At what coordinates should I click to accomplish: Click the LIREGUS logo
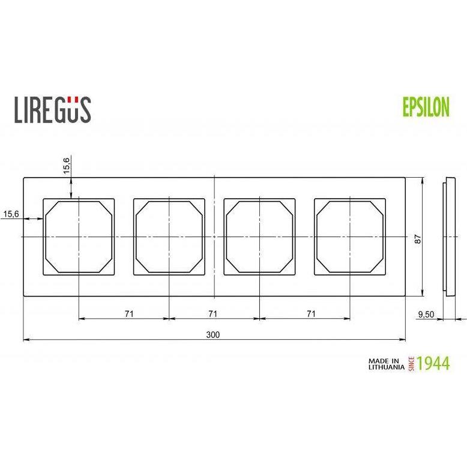pyautogui.click(x=52, y=109)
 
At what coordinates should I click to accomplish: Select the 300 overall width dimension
pyautogui.click(x=212, y=335)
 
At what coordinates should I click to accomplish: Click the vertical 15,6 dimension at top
pyautogui.click(x=67, y=165)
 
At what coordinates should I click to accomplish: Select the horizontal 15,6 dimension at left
pyautogui.click(x=11, y=213)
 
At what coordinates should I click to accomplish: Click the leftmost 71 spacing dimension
pyautogui.click(x=128, y=313)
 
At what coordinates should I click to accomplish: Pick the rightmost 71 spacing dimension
pyautogui.click(x=310, y=313)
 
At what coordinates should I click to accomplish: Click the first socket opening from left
pyautogui.click(x=78, y=237)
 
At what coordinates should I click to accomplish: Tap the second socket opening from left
pyautogui.click(x=169, y=237)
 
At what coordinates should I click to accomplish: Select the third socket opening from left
pyautogui.click(x=259, y=237)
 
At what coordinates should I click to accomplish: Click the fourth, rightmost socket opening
pyautogui.click(x=350, y=237)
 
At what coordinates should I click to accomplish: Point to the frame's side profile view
pyautogui.click(x=447, y=237)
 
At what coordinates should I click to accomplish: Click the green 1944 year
pyautogui.click(x=433, y=363)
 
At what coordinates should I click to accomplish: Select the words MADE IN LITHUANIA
pyautogui.click(x=385, y=364)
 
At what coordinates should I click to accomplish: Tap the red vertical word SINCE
pyautogui.click(x=412, y=364)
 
